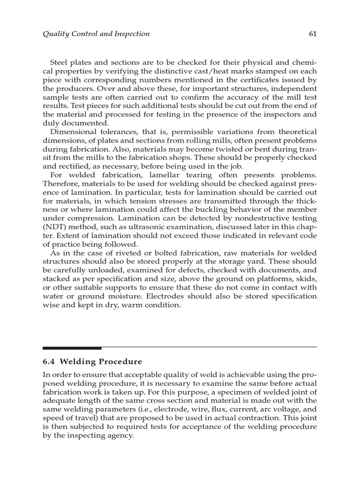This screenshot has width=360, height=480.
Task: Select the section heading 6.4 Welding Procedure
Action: tap(92, 361)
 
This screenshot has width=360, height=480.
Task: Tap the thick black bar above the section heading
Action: tap(72, 348)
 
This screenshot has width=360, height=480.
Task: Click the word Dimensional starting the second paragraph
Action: tap(72, 132)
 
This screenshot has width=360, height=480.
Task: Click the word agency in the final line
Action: tap(120, 435)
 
